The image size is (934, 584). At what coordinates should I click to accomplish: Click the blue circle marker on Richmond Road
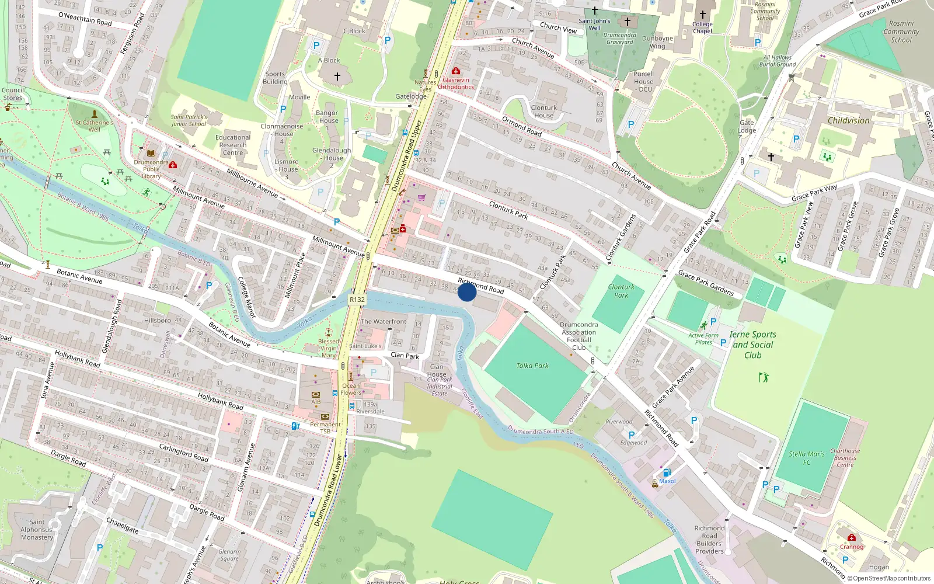[466, 292]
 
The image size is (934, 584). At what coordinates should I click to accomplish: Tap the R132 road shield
[357, 300]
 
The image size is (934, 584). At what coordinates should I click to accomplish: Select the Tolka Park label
[532, 366]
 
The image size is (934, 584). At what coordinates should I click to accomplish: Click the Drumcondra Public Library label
[151, 169]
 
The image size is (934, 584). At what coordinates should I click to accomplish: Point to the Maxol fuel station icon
[667, 472]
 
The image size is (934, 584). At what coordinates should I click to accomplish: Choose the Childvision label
[848, 120]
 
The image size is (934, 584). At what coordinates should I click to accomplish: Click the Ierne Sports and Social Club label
[752, 345]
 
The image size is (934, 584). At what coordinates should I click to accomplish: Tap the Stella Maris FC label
[807, 458]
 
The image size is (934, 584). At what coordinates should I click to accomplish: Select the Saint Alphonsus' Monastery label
[37, 530]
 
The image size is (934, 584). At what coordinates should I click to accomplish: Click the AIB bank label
[316, 402]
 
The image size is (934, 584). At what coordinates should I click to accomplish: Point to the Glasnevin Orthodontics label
[456, 84]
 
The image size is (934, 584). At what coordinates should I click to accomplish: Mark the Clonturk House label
[543, 112]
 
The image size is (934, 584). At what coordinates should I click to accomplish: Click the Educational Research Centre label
[233, 145]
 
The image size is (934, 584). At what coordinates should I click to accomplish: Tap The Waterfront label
[384, 321]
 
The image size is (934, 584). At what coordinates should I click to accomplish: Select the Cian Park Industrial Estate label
[439, 387]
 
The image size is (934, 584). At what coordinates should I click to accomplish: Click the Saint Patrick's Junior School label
[189, 120]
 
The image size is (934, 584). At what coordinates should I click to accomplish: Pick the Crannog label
[851, 547]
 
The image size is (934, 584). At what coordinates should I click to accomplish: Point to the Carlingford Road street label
[183, 452]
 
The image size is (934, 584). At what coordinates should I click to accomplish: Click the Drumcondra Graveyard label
[619, 39]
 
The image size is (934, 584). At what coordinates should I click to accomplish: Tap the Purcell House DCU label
[644, 82]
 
